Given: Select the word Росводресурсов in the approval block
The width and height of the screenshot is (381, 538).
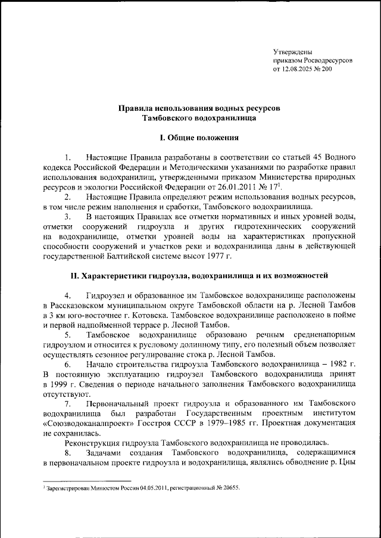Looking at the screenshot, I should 325,61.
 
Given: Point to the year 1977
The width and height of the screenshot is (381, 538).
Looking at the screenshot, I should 217,256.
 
